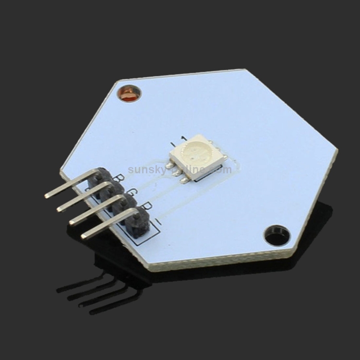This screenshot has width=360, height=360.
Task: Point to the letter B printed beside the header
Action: [x=120, y=179]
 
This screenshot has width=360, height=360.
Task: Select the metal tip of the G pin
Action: [x=60, y=208]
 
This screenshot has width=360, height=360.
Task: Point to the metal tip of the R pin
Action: [x=72, y=222]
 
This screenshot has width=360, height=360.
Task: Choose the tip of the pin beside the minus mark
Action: [x=84, y=235]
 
